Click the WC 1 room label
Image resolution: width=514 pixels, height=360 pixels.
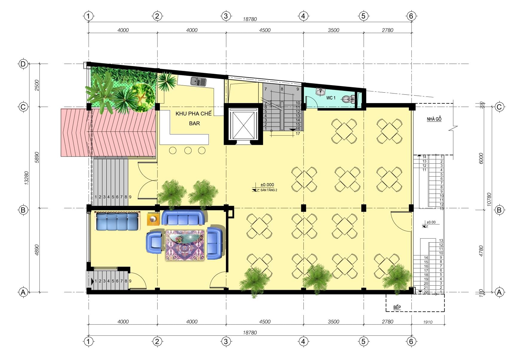(x=331, y=98)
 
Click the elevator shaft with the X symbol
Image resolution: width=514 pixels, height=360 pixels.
(x=243, y=124)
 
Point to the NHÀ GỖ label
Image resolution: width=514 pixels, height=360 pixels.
(x=434, y=119)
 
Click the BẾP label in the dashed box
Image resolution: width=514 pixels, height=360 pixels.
(x=397, y=307)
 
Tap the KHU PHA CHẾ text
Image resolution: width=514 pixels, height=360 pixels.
(x=193, y=114)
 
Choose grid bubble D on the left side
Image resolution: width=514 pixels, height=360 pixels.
(x=23, y=64)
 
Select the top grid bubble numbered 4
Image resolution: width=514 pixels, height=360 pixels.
(x=303, y=16)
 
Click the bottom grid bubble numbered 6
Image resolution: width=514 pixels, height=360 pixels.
(x=411, y=341)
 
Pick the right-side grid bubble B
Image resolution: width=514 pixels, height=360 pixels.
(x=499, y=210)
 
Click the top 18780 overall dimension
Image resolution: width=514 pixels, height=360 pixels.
(x=250, y=19)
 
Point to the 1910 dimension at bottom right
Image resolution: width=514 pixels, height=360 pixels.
(x=428, y=322)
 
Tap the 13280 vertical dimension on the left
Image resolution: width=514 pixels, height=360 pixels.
(x=27, y=178)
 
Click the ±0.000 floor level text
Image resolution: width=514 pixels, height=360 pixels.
(x=267, y=185)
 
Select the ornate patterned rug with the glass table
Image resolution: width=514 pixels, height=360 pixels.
(x=185, y=245)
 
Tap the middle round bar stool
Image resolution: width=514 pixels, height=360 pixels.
(x=188, y=150)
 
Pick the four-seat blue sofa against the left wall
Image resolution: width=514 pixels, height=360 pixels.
(x=117, y=221)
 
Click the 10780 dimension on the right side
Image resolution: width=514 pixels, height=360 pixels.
(x=489, y=199)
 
